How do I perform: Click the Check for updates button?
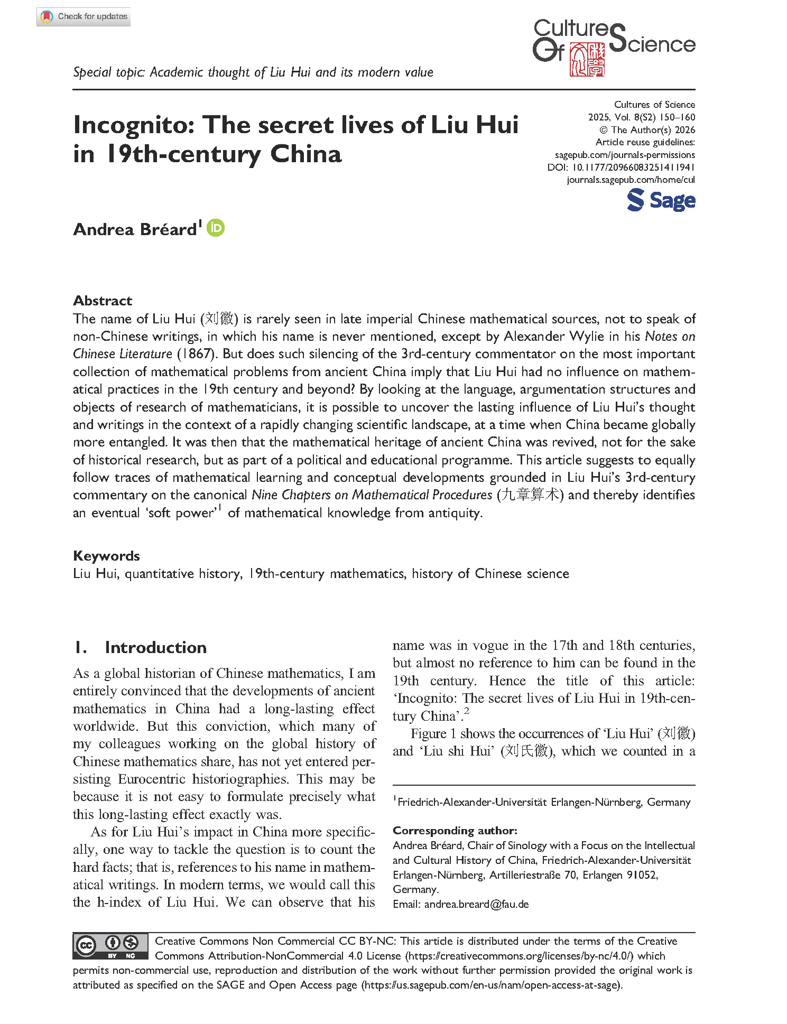click(x=84, y=17)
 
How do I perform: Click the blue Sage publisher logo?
click(x=661, y=201)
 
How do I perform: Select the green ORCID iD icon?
click(x=216, y=228)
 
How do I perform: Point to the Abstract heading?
click(x=103, y=301)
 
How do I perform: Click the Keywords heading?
click(x=106, y=556)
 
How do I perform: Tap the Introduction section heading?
click(x=155, y=648)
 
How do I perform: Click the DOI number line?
click(x=621, y=167)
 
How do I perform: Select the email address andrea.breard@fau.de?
click(x=476, y=904)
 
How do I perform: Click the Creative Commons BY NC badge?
click(x=110, y=947)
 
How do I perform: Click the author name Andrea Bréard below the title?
click(x=135, y=229)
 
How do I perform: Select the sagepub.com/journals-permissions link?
click(x=625, y=155)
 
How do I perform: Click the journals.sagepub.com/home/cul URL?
click(x=631, y=180)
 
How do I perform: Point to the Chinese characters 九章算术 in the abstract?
click(x=530, y=495)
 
